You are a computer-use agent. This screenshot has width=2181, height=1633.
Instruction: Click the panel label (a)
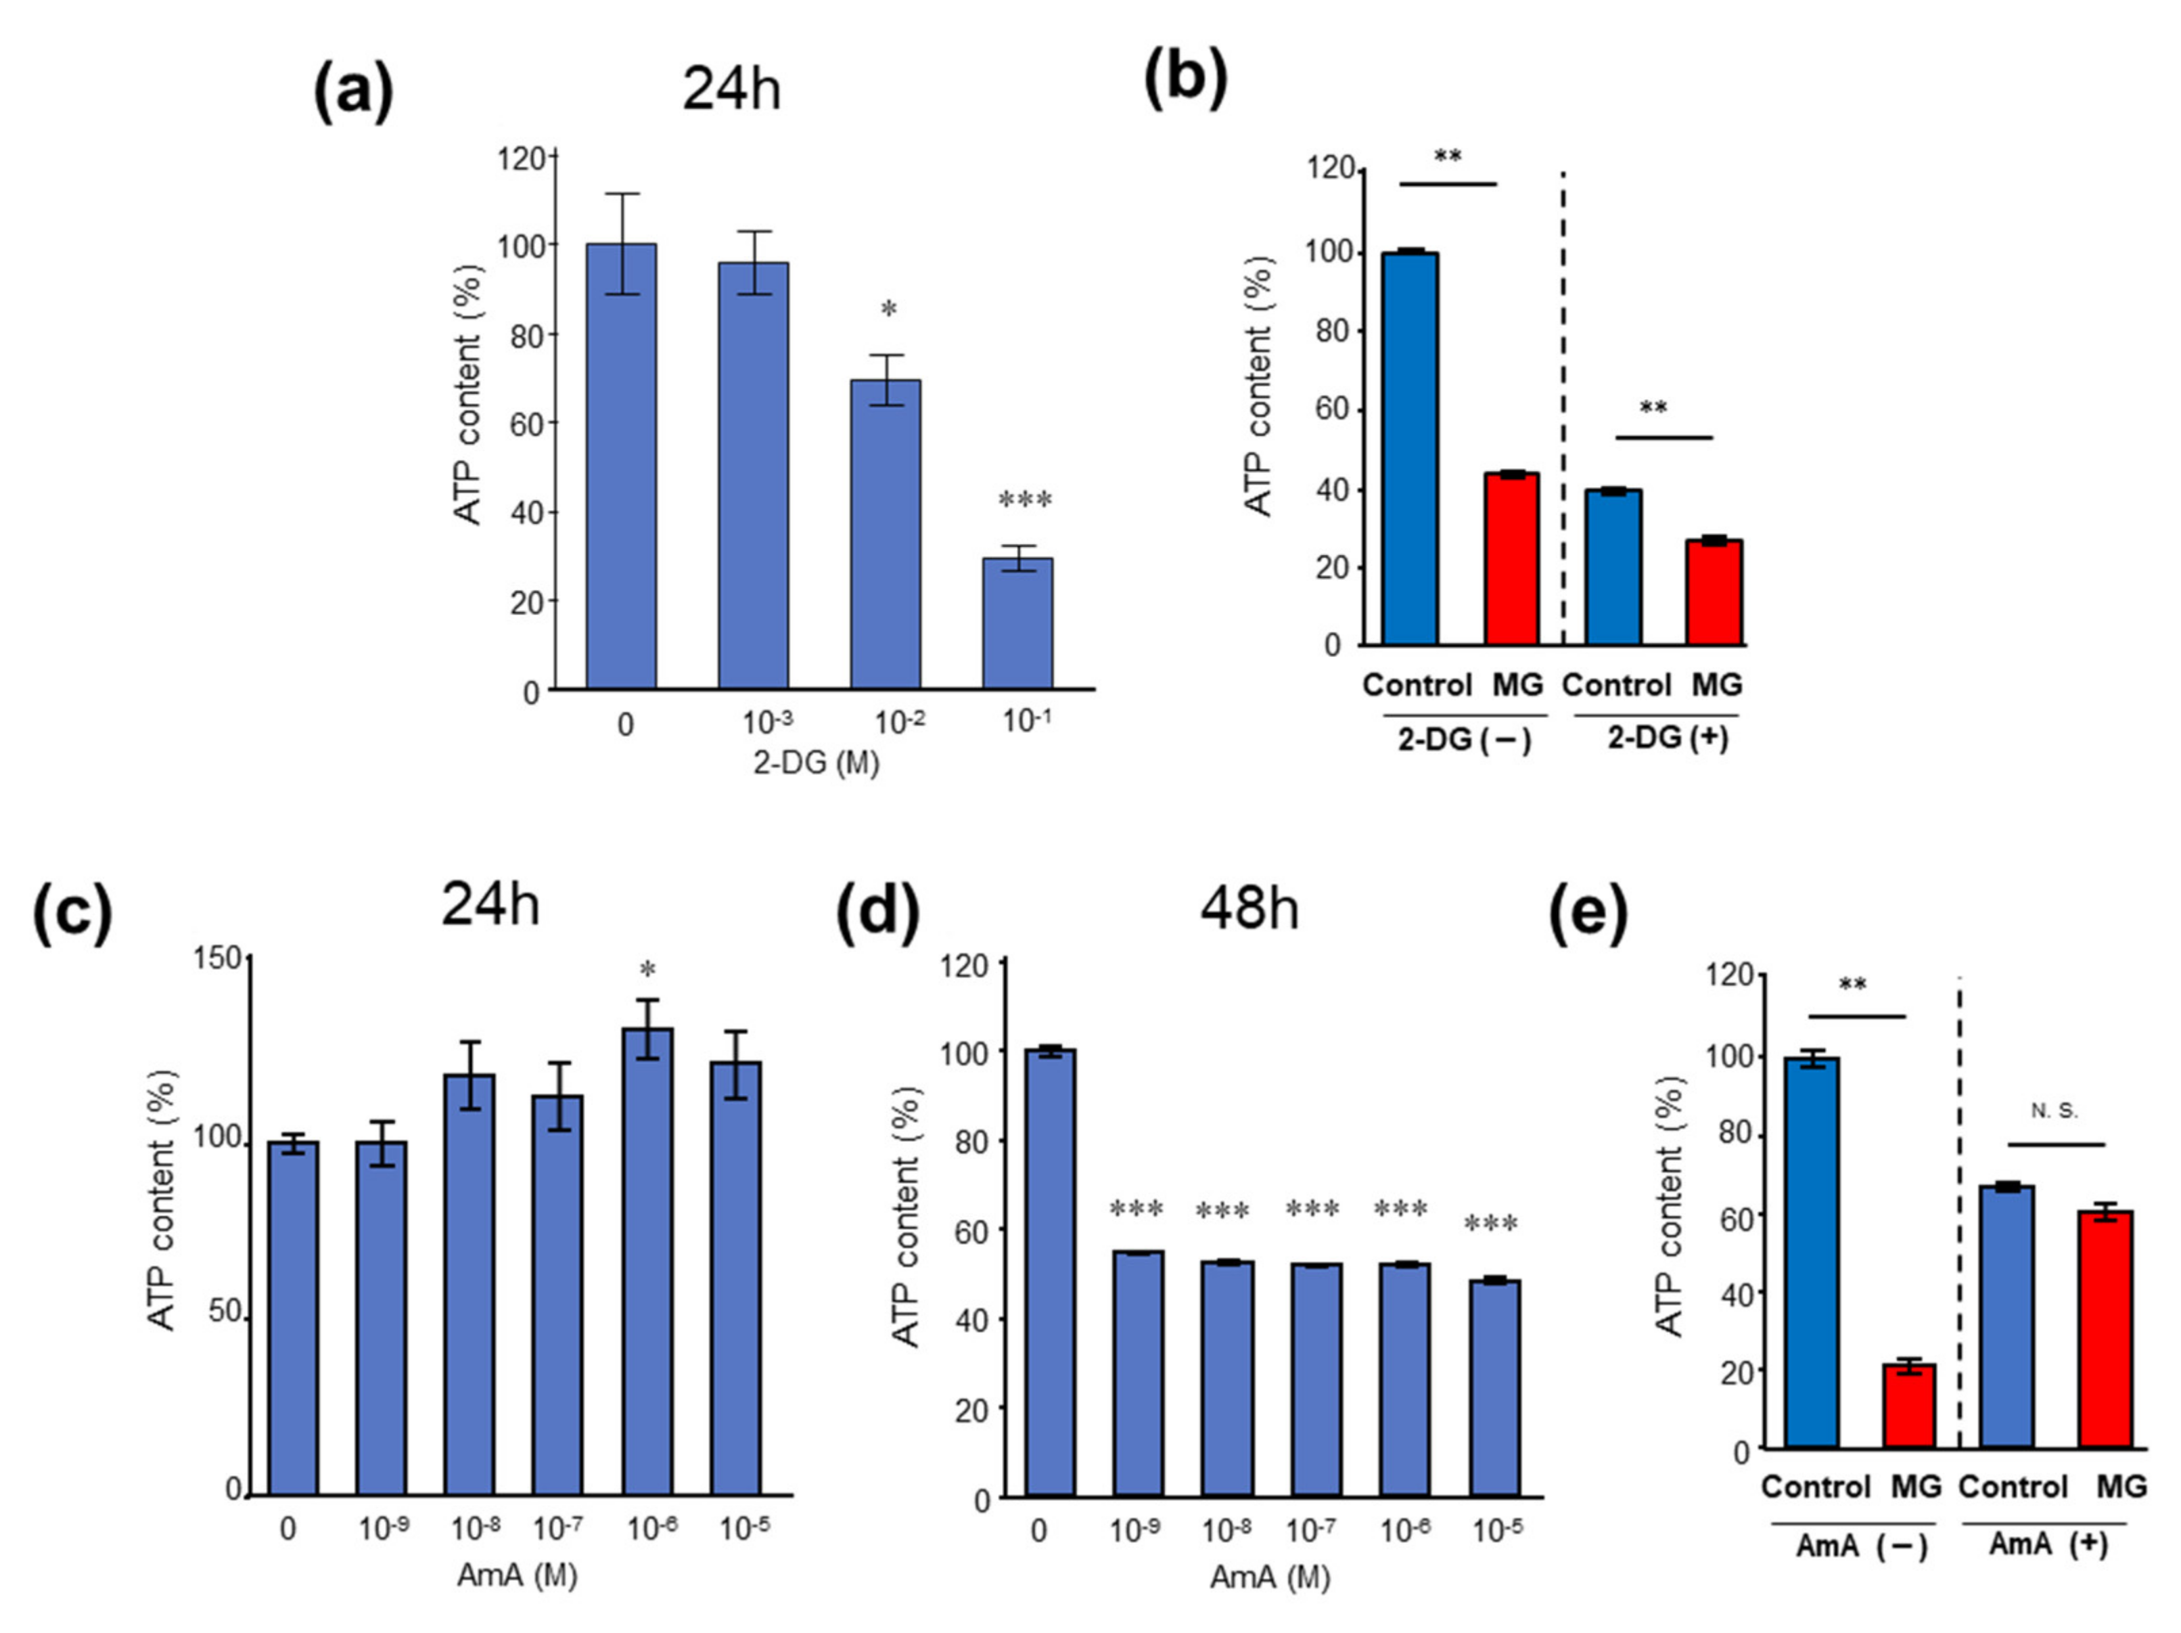tap(353, 91)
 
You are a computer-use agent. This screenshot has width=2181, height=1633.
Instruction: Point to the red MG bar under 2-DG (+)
tap(1714, 593)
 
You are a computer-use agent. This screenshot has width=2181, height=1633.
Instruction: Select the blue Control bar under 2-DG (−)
tap(1410, 449)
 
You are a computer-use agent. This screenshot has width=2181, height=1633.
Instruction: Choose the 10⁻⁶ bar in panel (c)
tap(648, 1261)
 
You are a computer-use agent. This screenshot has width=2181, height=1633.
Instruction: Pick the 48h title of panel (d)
tap(1248, 908)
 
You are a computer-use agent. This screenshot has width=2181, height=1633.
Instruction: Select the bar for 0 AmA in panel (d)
tap(1050, 1273)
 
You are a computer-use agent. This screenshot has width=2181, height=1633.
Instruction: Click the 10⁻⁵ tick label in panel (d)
tap(1496, 1530)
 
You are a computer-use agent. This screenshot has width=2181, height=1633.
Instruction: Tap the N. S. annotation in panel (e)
tap(2054, 1111)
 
